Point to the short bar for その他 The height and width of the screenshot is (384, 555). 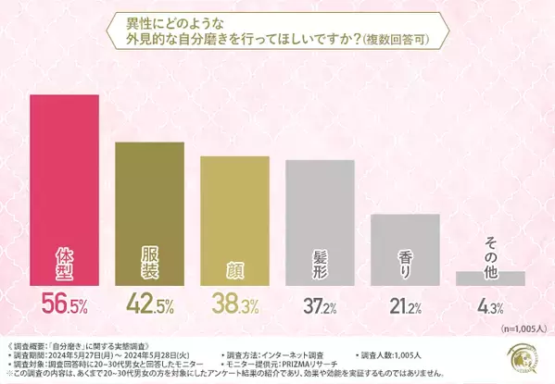pyautogui.click(x=490, y=278)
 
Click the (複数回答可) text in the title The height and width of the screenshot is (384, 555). pyautogui.click(x=393, y=41)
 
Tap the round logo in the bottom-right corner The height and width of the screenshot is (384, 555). pyautogui.click(x=521, y=360)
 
